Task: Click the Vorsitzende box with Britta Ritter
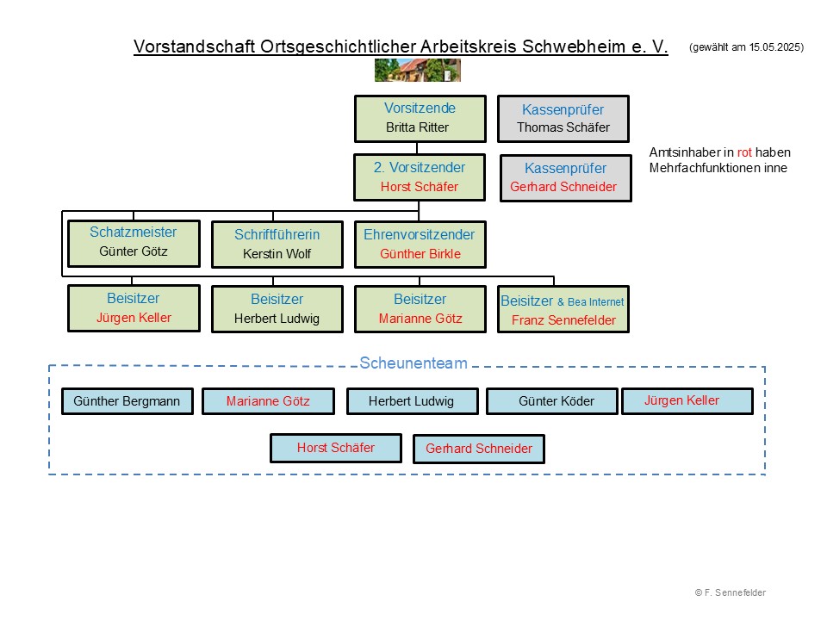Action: (x=420, y=119)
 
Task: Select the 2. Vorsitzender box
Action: (x=420, y=177)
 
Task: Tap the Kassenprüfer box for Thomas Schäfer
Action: (x=563, y=119)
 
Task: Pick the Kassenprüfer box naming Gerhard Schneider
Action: (x=565, y=178)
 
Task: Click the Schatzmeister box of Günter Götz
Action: (x=134, y=243)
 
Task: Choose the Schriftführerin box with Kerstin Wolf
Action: (x=277, y=245)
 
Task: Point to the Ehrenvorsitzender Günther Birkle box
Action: (x=420, y=245)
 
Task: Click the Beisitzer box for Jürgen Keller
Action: (x=134, y=308)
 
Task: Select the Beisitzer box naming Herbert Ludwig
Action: (x=277, y=309)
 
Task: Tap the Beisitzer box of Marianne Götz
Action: (x=420, y=309)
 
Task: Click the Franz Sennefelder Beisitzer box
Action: (x=563, y=310)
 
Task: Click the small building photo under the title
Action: (x=417, y=71)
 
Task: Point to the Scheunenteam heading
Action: (x=413, y=363)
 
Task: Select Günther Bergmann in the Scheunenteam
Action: (x=127, y=401)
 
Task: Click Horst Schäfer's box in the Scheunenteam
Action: (x=336, y=448)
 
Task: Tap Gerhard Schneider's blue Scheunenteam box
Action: (x=479, y=449)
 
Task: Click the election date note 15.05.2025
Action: (x=746, y=48)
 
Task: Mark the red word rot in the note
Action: (x=744, y=152)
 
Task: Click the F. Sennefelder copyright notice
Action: (x=730, y=592)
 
